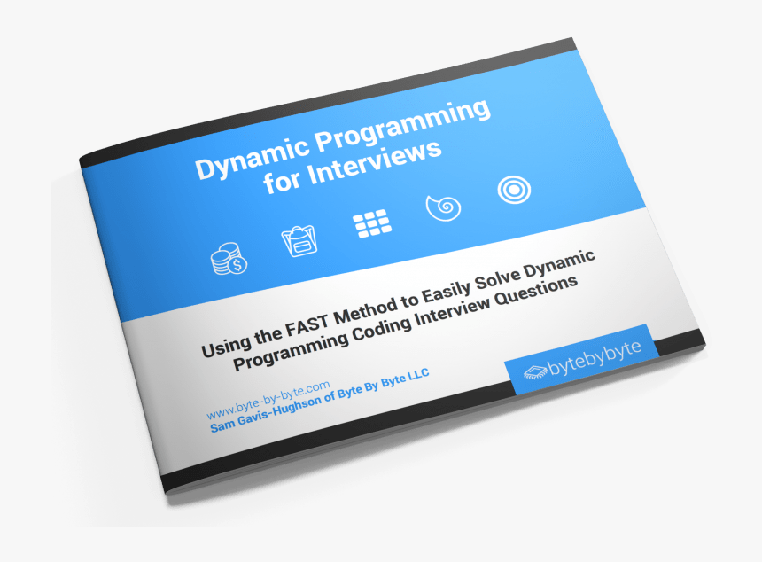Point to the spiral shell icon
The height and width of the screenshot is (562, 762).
coord(443,207)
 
